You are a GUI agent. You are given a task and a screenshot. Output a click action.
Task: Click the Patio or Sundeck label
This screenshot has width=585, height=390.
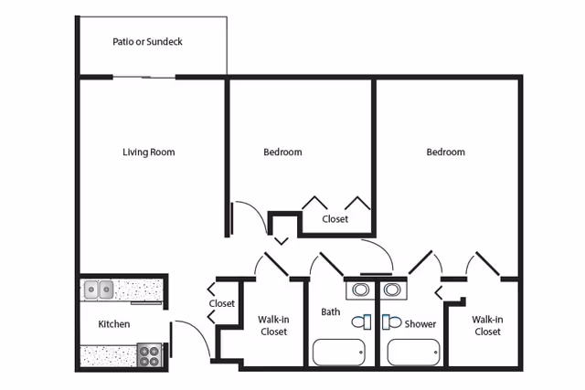pos(147,42)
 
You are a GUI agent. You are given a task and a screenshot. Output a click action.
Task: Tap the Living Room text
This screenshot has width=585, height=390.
pos(148,153)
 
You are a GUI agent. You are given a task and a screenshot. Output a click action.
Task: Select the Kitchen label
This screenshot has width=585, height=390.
pos(114,324)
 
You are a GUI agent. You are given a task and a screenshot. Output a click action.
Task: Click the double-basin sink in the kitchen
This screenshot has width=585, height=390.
pos(99,290)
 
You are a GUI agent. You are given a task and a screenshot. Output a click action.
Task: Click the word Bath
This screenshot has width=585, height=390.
pos(330,312)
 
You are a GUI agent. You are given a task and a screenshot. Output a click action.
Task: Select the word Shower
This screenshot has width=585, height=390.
pos(420,324)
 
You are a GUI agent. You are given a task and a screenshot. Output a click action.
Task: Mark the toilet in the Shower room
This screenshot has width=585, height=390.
pos(391,321)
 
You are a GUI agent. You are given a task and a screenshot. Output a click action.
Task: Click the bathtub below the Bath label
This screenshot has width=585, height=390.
pos(338,352)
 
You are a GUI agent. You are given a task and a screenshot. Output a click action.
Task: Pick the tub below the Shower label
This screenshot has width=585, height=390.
pos(412,352)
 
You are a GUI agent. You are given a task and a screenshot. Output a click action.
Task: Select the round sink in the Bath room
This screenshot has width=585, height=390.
pos(361,290)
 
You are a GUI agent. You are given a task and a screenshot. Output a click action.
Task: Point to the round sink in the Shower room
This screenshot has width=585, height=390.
pos(393,290)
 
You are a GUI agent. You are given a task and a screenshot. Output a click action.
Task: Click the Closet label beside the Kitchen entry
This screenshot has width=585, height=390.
pos(222,303)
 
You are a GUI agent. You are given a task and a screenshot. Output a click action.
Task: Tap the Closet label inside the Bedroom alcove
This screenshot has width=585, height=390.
pos(335,219)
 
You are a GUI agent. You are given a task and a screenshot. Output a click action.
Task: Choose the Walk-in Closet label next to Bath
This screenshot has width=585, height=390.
pos(273,325)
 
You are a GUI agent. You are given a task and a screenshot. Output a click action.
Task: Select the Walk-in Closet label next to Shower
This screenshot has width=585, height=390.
pos(486,325)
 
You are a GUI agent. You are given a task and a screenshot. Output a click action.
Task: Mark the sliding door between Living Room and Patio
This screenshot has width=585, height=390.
pos(145,77)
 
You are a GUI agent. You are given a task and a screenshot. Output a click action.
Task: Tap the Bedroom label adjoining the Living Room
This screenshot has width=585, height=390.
pos(282,153)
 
